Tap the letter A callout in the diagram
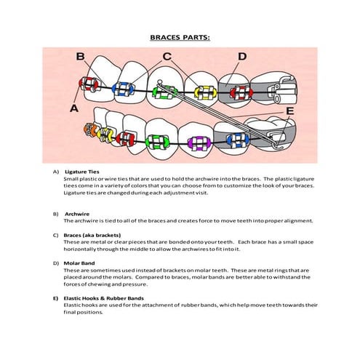click(73, 107)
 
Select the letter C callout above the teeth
click(167, 56)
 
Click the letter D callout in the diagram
click(242, 56)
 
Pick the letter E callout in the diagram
click(289, 111)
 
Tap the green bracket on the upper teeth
click(165, 91)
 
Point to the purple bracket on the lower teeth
click(196, 140)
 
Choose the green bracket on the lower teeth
click(156, 139)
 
